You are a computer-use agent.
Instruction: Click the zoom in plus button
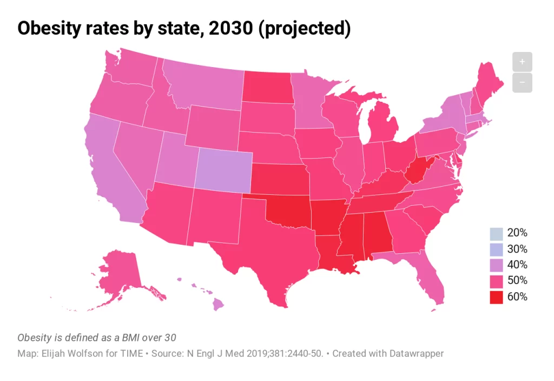(522, 62)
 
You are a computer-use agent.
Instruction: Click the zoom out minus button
(522, 83)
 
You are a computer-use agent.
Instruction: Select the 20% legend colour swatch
(496, 233)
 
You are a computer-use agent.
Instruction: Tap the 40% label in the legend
(517, 265)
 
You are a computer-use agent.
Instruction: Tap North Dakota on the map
(267, 87)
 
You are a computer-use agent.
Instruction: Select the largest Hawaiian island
(218, 305)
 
